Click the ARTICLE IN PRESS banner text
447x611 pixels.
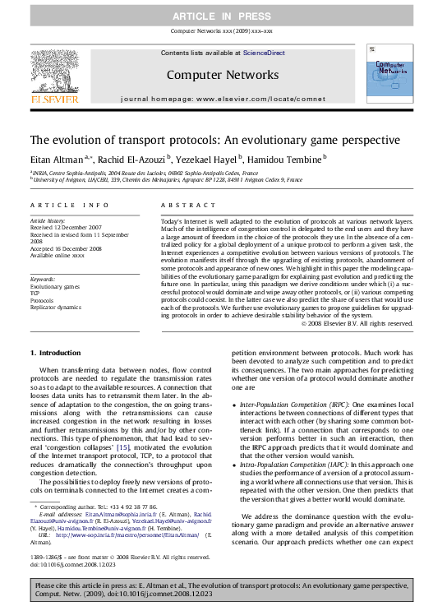pyautogui.click(x=223, y=16)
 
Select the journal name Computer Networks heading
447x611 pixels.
pyautogui.click(x=223, y=75)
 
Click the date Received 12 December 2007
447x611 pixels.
pyautogui.click(x=66, y=227)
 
